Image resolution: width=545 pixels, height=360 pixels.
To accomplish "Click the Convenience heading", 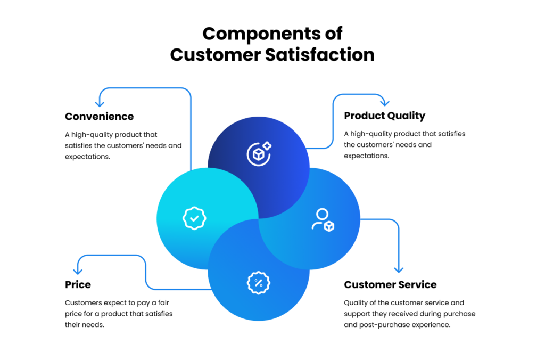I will (99, 117).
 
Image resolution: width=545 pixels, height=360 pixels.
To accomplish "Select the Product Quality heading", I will (384, 116).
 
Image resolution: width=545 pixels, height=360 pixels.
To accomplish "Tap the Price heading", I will (78, 285).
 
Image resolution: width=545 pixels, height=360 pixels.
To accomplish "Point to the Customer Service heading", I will (390, 285).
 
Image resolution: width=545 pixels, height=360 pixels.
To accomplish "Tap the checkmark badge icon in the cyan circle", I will (194, 218).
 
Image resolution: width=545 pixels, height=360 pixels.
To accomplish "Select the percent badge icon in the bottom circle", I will (259, 283).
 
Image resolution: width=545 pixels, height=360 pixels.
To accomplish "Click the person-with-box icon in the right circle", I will (323, 219).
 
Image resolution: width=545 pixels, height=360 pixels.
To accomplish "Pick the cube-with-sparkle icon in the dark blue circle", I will (259, 153).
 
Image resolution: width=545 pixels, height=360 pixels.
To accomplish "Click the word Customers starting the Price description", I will (83, 303).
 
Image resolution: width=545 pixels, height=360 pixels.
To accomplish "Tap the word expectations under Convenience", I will (87, 157).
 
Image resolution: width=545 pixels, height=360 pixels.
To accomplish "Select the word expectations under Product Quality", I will (366, 156).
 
